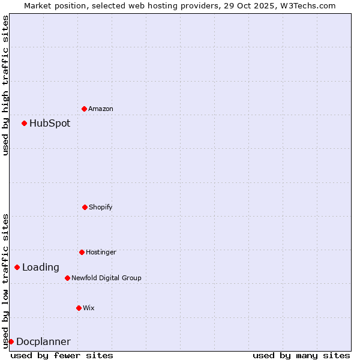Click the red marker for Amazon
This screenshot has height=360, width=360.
pyautogui.click(x=84, y=109)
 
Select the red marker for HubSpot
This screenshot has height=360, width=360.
pyautogui.click(x=24, y=123)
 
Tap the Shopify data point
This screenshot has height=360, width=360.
pyautogui.click(x=85, y=207)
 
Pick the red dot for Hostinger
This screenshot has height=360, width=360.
pyautogui.click(x=82, y=252)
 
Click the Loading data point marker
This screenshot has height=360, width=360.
pyautogui.click(x=17, y=267)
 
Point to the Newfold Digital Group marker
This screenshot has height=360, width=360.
pyautogui.click(x=67, y=278)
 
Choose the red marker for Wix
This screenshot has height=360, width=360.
pyautogui.click(x=79, y=308)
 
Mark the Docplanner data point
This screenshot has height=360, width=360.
pyautogui.click(x=11, y=341)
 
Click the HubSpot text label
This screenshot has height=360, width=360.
pyautogui.click(x=50, y=124)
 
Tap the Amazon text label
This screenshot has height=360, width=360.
pyautogui.click(x=101, y=109)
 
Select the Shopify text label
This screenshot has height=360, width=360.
pyautogui.click(x=101, y=207)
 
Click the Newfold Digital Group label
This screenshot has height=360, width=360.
pyautogui.click(x=106, y=278)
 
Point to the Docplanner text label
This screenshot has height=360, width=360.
pyautogui.click(x=43, y=342)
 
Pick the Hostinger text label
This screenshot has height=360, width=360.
pyautogui.click(x=101, y=252)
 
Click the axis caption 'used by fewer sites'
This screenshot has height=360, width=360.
pyautogui.click(x=62, y=355)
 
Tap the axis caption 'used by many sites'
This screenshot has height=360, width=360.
pyautogui.click(x=301, y=355)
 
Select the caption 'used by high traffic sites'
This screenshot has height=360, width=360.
pyautogui.click(x=5, y=85)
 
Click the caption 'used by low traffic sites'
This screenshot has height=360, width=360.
pyautogui.click(x=5, y=280)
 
